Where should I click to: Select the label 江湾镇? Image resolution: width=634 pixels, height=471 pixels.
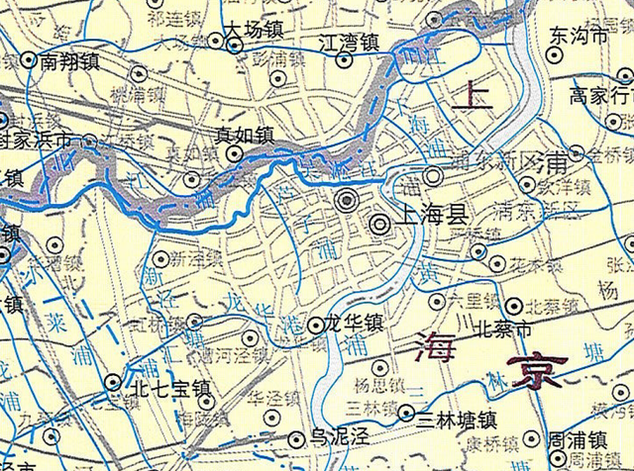(352, 44)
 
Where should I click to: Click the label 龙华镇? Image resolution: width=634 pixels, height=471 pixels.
(355, 324)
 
